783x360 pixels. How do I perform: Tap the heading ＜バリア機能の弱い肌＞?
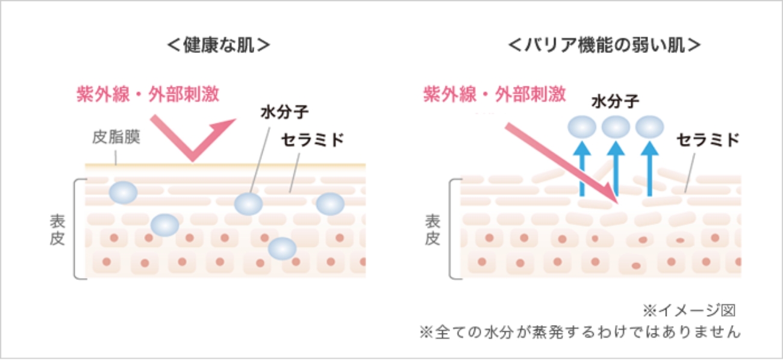605,46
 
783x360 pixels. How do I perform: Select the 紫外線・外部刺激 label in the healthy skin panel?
148,94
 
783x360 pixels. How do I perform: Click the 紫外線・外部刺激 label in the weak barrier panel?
494,94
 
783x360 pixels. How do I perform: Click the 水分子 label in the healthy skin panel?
284,113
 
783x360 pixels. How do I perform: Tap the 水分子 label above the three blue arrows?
615,101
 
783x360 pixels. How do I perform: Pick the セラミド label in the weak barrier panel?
707,140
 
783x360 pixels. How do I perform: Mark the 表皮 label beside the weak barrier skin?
432,230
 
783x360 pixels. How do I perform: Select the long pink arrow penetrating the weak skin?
561,162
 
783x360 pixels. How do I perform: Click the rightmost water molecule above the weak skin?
649,127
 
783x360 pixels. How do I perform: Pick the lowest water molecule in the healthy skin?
282,248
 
